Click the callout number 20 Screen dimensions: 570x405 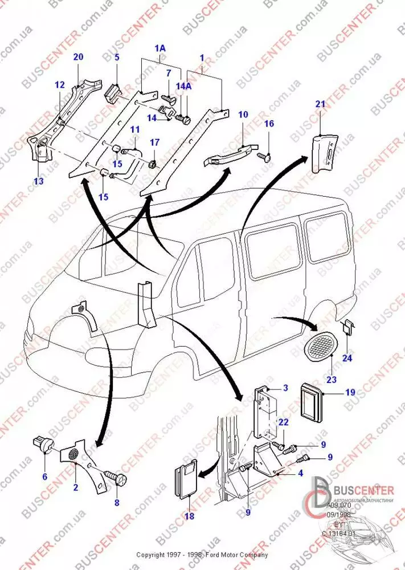coord(79,57)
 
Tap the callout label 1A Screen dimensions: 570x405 coord(160,49)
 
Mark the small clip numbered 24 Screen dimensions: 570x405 coord(347,329)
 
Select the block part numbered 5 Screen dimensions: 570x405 coord(114,91)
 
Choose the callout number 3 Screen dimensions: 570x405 coord(285,388)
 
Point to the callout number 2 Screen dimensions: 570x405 coord(75,487)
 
